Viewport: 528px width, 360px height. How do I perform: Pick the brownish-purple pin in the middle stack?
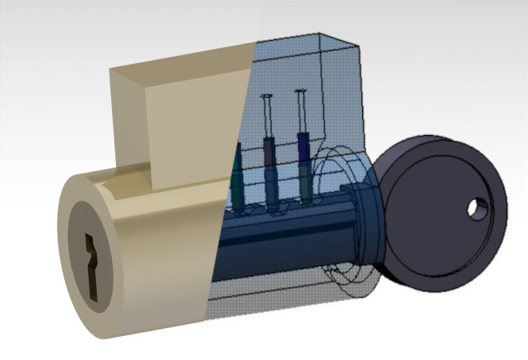click(270, 151)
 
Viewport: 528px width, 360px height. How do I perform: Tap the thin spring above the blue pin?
click(302, 112)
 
